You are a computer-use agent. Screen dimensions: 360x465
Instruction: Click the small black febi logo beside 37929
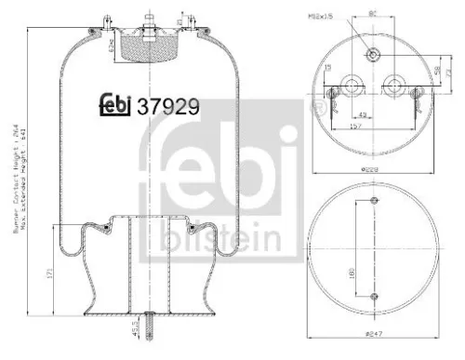[115, 104]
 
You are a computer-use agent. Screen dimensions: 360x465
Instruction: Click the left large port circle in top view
[352, 83]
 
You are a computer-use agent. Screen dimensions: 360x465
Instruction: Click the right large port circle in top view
[392, 83]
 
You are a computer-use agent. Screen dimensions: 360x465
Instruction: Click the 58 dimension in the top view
[436, 71]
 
